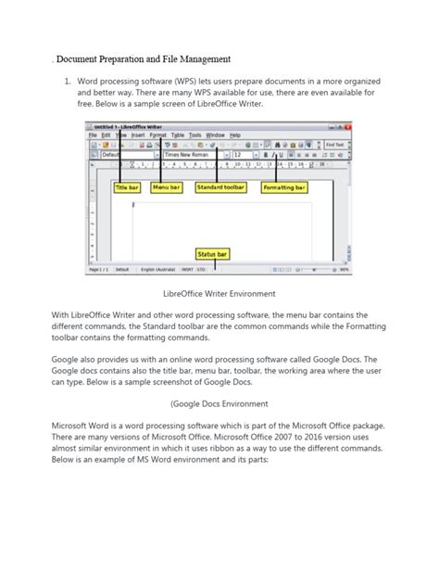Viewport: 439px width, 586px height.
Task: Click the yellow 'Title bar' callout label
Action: pyautogui.click(x=126, y=187)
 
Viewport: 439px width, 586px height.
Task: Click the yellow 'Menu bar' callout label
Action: pyautogui.click(x=167, y=187)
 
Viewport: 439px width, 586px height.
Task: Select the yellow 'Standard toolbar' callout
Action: pyautogui.click(x=220, y=187)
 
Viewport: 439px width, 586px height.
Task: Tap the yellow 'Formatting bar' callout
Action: pyautogui.click(x=282, y=187)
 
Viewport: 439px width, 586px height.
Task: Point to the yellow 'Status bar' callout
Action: pyautogui.click(x=212, y=253)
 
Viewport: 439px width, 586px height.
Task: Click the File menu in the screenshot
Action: pyautogui.click(x=93, y=135)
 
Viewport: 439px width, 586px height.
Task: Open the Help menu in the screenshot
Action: pyautogui.click(x=235, y=135)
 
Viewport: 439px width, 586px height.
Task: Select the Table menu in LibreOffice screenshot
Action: pyautogui.click(x=178, y=135)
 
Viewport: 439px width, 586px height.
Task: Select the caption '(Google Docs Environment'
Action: pyautogui.click(x=219, y=403)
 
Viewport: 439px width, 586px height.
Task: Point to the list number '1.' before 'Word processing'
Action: pyautogui.click(x=68, y=83)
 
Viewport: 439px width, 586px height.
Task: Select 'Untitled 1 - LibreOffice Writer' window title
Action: pyautogui.click(x=130, y=125)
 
